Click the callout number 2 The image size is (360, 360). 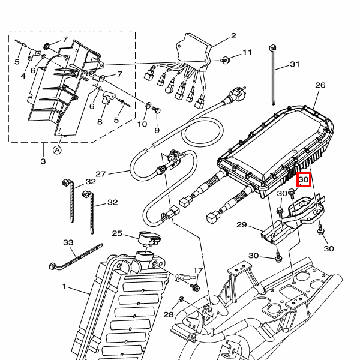pyautogui.click(x=233, y=36)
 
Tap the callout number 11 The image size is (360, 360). pyautogui.click(x=247, y=52)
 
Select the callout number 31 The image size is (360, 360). pyautogui.click(x=295, y=64)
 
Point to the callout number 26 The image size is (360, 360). pyautogui.click(x=320, y=85)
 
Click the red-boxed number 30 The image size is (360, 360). pyautogui.click(x=304, y=179)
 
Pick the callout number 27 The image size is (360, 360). pyautogui.click(x=101, y=174)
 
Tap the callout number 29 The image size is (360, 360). pyautogui.click(x=242, y=224)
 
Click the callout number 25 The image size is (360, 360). pyautogui.click(x=117, y=233)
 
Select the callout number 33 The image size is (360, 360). pyautogui.click(x=68, y=242)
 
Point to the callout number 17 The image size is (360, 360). pyautogui.click(x=198, y=271)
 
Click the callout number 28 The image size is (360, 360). pyautogui.click(x=169, y=314)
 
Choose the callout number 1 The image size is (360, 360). pyautogui.click(x=64, y=286)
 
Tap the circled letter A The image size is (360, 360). pyautogui.click(x=57, y=151)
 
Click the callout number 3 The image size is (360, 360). pyautogui.click(x=43, y=161)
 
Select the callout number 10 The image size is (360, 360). pyautogui.click(x=142, y=124)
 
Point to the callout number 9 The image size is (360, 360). pyautogui.click(x=157, y=130)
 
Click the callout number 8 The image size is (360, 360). pyautogui.click(x=100, y=121)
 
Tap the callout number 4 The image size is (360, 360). pyautogui.click(x=23, y=76)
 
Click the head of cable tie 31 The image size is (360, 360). pyautogui.click(x=272, y=48)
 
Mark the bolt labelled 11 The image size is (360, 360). pyautogui.click(x=224, y=60)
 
